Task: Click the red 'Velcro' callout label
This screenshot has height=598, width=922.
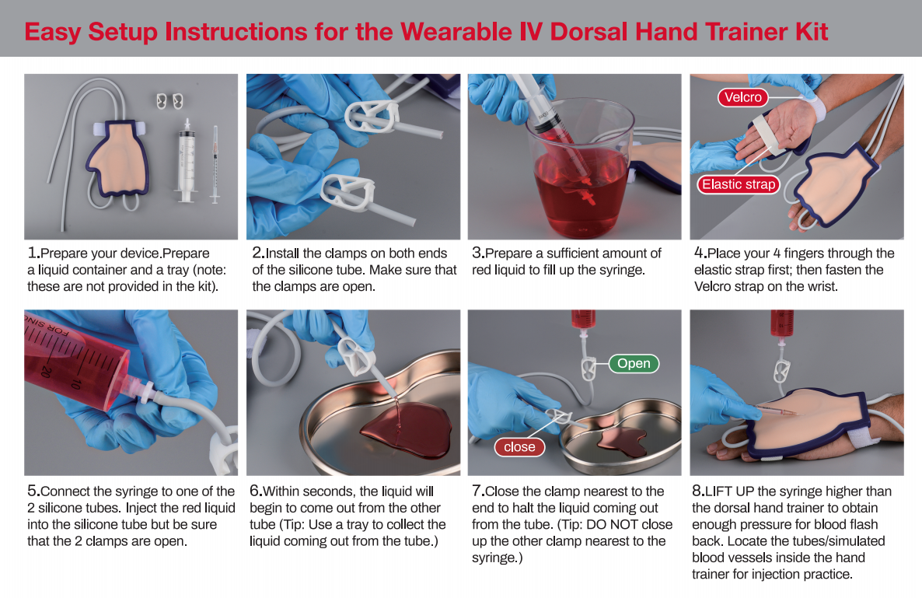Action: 742,97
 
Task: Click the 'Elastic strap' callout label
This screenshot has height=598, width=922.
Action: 738,184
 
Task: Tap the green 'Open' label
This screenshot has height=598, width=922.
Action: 633,363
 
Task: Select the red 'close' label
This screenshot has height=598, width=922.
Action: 519,446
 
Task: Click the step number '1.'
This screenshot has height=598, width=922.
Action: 33,253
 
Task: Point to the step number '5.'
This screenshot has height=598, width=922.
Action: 33,491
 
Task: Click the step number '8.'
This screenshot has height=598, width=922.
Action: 697,491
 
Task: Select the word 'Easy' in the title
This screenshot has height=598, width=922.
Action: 53,32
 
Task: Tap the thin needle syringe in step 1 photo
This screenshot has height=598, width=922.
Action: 215,163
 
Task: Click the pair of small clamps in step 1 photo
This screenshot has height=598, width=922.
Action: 169,101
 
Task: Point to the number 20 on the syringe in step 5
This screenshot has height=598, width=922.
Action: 48,372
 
